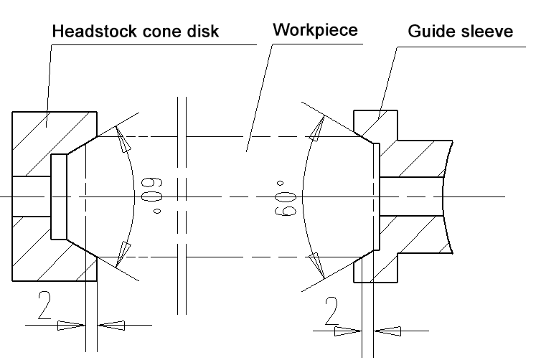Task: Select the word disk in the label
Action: tap(203, 31)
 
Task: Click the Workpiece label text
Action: tap(316, 30)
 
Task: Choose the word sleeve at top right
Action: tap(487, 31)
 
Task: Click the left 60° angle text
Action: tap(152, 195)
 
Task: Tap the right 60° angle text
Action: tap(286, 199)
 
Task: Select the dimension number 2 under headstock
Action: tap(44, 305)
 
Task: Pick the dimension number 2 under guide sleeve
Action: tap(331, 311)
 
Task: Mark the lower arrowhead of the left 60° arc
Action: tap(123, 255)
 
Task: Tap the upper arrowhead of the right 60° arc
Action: tap(317, 128)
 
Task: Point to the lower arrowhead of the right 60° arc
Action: tap(317, 265)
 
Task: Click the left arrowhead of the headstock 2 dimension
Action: tap(71, 325)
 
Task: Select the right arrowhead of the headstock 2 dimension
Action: tap(111, 325)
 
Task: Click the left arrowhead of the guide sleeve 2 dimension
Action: tap(348, 331)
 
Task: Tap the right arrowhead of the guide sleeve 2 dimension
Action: tap(387, 331)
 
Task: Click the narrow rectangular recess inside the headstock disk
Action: tap(59, 196)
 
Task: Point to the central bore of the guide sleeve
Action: tap(411, 196)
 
